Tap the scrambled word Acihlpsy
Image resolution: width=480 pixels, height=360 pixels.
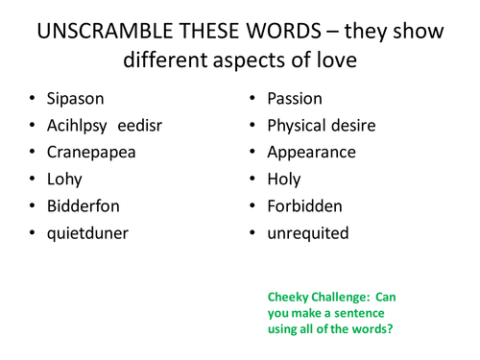[81, 126]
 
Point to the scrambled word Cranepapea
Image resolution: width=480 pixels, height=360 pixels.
[92, 152]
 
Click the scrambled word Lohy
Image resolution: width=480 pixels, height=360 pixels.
[64, 179]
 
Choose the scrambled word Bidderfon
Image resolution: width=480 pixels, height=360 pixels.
[85, 204]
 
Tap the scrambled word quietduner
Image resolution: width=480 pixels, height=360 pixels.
[88, 231]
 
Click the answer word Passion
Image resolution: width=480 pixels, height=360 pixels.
[295, 99]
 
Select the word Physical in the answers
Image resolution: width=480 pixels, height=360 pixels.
[299, 126]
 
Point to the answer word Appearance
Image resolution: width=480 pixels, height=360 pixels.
[311, 152]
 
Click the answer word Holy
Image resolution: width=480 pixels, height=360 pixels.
[284, 179]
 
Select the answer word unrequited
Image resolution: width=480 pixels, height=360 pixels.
[307, 231]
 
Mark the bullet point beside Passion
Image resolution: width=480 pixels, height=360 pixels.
[252, 100]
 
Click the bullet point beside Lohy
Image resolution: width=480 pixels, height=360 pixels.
[33, 180]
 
